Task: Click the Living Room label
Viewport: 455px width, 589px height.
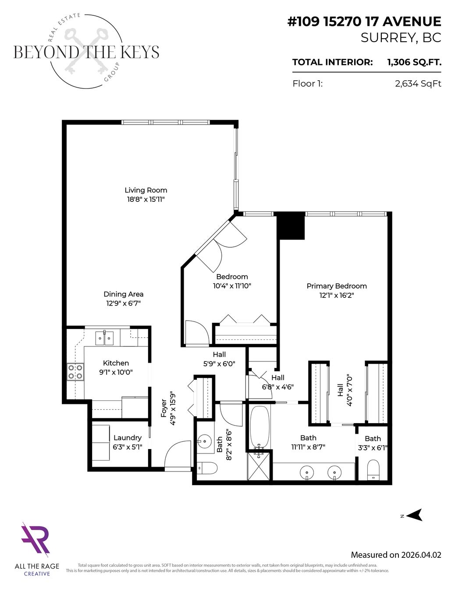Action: point(146,190)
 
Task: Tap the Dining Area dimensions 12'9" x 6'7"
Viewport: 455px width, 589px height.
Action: point(123,303)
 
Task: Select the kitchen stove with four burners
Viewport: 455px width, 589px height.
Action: point(75,371)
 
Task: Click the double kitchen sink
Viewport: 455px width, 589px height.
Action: point(104,338)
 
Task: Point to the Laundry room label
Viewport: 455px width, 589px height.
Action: point(127,438)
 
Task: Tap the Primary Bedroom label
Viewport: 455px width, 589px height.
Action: point(337,286)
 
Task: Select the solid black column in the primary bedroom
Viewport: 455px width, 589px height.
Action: point(291,225)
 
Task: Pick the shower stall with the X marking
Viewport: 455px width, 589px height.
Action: point(259,465)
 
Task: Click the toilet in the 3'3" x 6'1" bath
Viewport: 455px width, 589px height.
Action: point(373,469)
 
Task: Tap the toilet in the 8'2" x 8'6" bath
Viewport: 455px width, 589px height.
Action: point(206,468)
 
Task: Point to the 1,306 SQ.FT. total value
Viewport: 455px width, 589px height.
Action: point(414,62)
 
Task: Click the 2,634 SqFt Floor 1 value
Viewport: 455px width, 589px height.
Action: point(418,84)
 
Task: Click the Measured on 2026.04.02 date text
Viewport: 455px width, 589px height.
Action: point(396,555)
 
